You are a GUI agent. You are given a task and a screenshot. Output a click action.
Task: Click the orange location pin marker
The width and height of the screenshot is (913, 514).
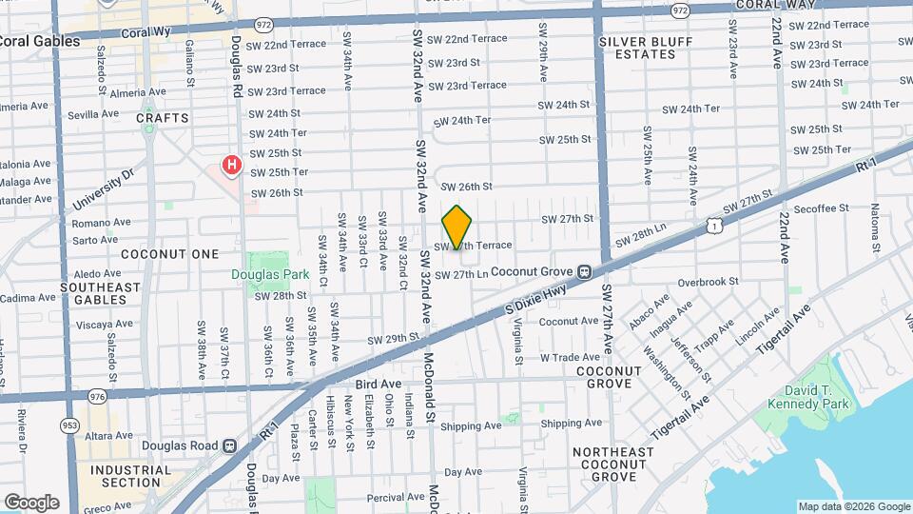[x=457, y=227]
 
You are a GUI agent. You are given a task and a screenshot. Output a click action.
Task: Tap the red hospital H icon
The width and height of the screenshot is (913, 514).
[x=230, y=167]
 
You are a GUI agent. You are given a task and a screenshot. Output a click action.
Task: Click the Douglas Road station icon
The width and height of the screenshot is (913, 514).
[x=228, y=445]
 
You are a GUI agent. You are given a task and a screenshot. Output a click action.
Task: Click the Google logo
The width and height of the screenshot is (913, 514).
[x=31, y=502]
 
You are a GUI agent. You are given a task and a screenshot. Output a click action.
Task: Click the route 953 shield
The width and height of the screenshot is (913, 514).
[x=68, y=425]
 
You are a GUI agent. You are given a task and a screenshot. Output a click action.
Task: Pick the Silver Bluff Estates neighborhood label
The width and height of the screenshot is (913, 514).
[x=637, y=48]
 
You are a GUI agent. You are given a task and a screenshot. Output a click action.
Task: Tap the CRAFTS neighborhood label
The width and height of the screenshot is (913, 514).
[x=163, y=118]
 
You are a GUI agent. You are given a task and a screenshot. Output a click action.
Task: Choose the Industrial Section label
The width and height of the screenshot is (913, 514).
[x=131, y=476]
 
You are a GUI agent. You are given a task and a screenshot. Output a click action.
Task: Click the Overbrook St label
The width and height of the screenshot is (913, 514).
[x=709, y=282]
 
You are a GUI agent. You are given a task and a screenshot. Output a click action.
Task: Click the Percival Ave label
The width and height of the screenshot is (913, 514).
[x=395, y=497]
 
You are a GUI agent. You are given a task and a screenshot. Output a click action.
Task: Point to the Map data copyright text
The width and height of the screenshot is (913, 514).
[x=854, y=506]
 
